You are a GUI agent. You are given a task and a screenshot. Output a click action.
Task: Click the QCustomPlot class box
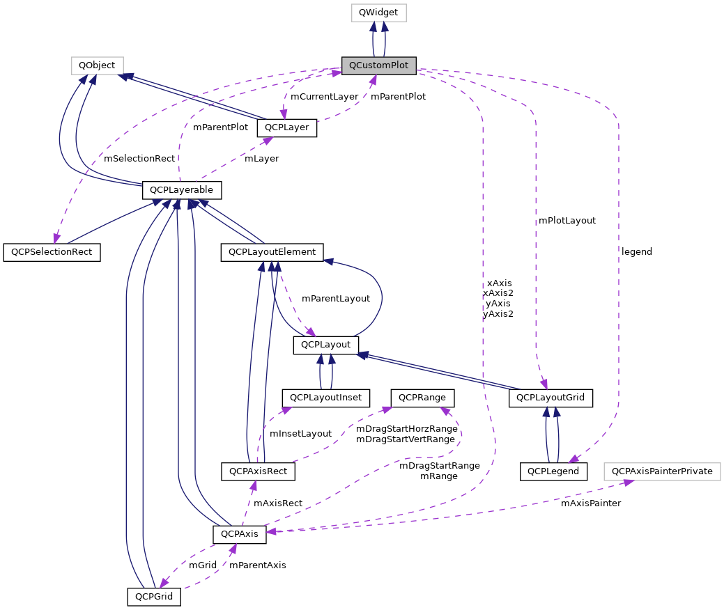coord(378,65)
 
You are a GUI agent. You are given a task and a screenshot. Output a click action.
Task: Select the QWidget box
coord(378,13)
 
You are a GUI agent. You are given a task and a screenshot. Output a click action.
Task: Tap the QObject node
coord(97,65)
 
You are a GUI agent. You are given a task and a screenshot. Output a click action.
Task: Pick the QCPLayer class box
coord(287,128)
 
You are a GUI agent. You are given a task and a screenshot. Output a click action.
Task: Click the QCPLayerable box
coord(182,189)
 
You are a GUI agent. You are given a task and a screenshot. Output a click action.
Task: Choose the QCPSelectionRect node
coord(52,251)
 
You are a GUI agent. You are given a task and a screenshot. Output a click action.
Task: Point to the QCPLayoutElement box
coord(272,251)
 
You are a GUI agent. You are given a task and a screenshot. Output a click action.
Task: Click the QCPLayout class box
coord(325,344)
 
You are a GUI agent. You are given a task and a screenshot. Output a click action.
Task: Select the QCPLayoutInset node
coord(325,398)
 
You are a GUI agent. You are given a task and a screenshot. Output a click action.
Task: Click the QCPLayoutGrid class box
coord(551,398)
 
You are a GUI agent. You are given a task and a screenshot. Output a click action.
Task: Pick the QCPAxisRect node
coord(258,471)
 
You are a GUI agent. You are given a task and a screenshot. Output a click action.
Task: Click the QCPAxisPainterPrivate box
coord(662,471)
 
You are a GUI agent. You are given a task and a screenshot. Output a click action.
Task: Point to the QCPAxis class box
coord(240,534)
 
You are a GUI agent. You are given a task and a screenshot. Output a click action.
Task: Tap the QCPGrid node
coord(154,596)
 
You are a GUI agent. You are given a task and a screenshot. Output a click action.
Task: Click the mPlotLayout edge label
coord(567,220)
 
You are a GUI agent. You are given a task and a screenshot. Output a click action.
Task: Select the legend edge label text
coord(637,251)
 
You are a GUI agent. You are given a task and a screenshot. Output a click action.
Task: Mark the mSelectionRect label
coord(139,159)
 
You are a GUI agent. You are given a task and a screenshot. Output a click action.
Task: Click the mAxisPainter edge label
coord(591,503)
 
